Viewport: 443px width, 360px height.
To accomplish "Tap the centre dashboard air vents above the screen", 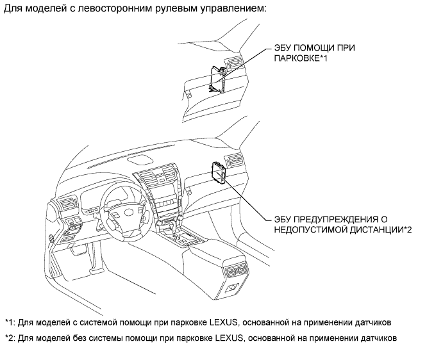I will click(x=157, y=175).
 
